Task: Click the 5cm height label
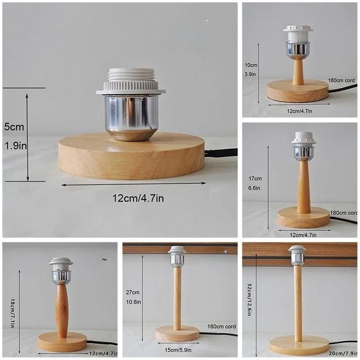tap(14, 127)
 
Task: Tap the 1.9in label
tap(15, 146)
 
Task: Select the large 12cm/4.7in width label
tap(138, 198)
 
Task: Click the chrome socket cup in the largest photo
tap(131, 117)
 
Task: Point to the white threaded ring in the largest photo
tap(131, 81)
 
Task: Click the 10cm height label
tap(251, 65)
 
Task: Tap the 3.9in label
tap(250, 74)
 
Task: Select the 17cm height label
tap(255, 178)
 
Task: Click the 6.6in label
tap(254, 188)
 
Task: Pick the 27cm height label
tap(132, 292)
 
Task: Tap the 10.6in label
tap(133, 302)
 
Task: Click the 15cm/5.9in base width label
tap(178, 350)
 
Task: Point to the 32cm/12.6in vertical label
tap(250, 299)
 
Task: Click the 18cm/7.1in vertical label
tap(13, 313)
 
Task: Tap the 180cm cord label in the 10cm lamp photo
tap(341, 81)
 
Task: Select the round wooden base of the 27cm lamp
tap(177, 333)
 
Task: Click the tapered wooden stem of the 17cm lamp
tap(303, 186)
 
